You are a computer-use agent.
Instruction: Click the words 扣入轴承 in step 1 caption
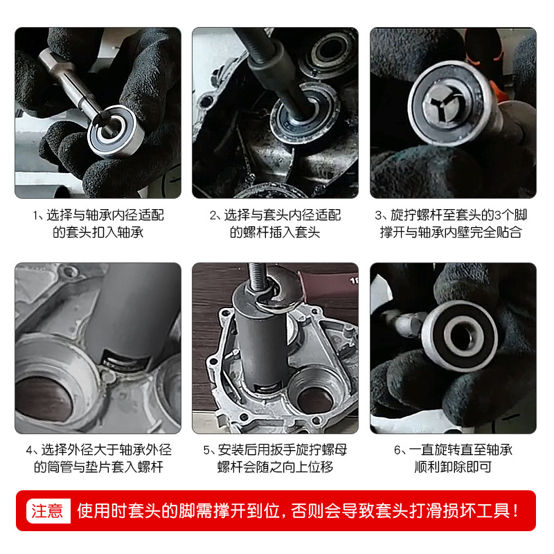pos(120,233)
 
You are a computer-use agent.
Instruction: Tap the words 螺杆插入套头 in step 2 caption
pos(275,233)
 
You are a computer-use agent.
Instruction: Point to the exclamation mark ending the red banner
pos(517,511)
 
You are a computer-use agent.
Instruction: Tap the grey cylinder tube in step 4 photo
pos(138,312)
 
